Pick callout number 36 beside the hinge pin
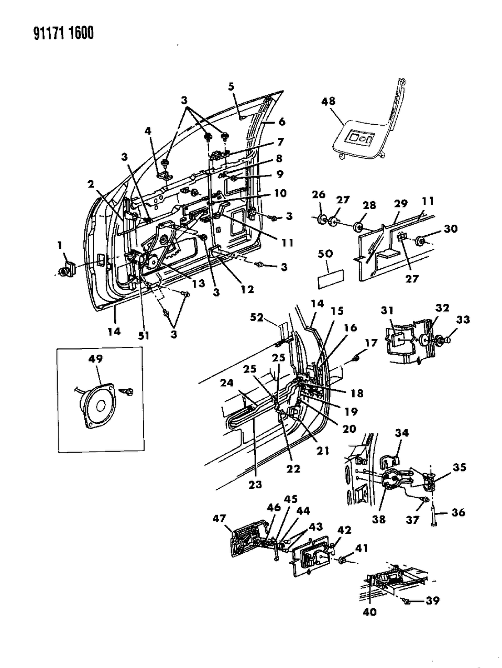click(458, 512)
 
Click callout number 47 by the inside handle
click(219, 519)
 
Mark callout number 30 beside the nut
click(450, 228)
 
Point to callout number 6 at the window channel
click(281, 122)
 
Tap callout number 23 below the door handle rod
click(256, 485)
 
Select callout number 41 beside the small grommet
click(361, 548)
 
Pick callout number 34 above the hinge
click(402, 433)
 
